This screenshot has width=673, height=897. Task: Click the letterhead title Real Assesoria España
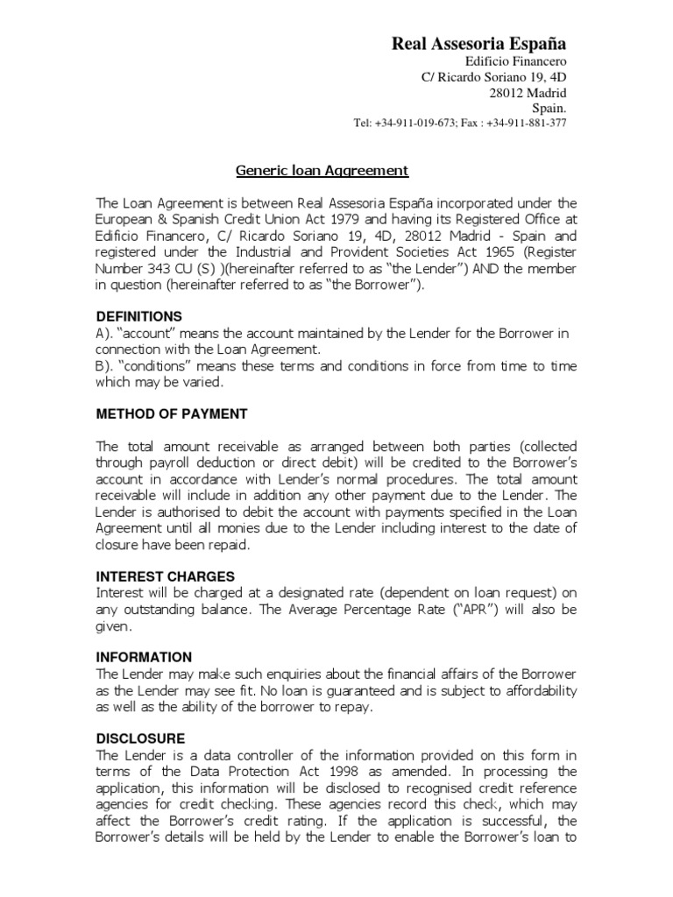(x=478, y=43)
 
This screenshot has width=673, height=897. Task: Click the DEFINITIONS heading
(x=138, y=316)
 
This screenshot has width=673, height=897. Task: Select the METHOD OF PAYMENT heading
(x=171, y=413)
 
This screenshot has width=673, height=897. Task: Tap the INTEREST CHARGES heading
(x=165, y=576)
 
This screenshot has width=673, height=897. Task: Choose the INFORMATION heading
(x=144, y=657)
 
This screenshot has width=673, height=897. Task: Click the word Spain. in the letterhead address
(x=549, y=108)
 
